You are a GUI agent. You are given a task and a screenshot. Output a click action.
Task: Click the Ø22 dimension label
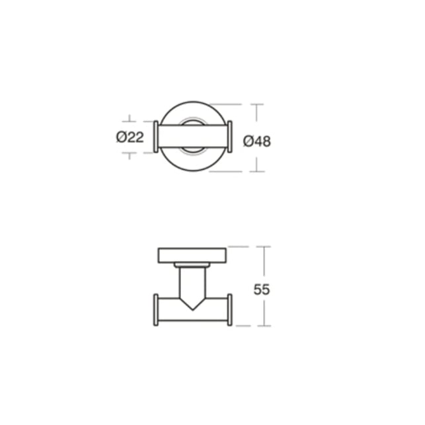[x=130, y=137]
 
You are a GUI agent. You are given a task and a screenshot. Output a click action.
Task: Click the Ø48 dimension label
[x=257, y=141]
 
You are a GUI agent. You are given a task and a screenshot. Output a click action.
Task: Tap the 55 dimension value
[x=262, y=290]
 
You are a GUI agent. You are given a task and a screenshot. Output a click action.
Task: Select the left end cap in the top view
[x=156, y=137]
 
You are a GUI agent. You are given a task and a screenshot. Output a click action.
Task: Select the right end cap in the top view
[x=230, y=137]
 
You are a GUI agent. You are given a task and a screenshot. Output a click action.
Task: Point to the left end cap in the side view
[x=156, y=310]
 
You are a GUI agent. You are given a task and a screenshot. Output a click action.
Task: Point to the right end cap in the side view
[x=230, y=310]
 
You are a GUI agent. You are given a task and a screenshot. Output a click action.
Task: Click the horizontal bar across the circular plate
[x=193, y=136]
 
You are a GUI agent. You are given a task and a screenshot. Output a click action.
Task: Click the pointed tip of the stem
[x=192, y=310]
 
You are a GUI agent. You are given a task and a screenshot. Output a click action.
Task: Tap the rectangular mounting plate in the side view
[x=192, y=255]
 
